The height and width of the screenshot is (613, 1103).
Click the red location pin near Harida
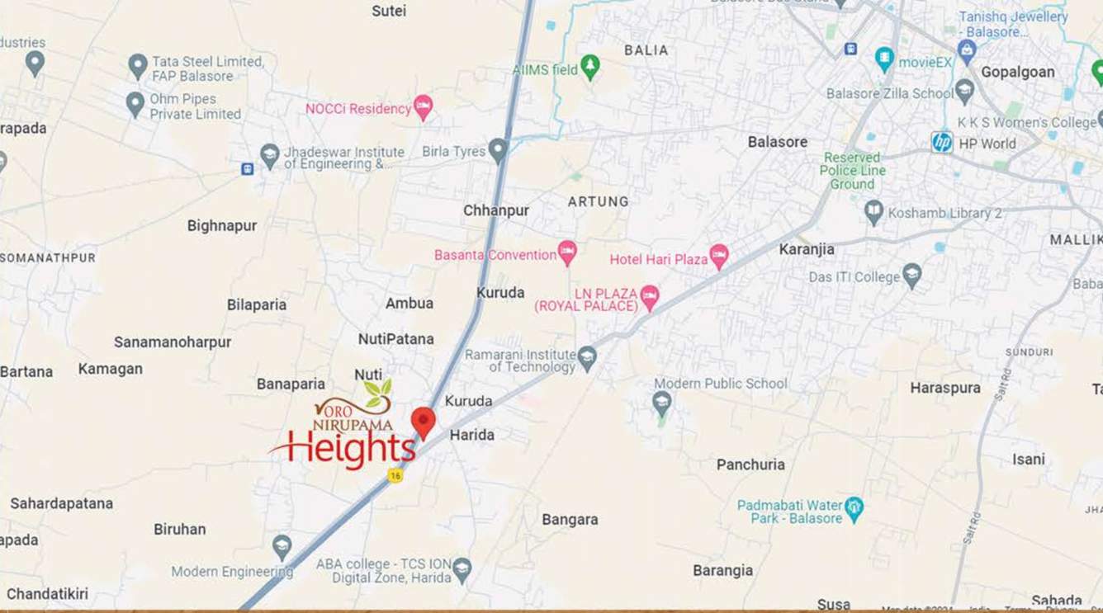tap(423, 422)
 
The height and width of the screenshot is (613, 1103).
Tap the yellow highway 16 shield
tap(395, 475)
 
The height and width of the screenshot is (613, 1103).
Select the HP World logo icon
tap(942, 142)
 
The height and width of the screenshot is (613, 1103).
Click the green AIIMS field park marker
tap(589, 66)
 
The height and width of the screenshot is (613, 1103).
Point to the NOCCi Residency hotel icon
tap(423, 106)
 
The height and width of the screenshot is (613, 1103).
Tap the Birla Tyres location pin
tap(497, 150)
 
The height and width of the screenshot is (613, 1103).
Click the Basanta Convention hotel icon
tap(567, 252)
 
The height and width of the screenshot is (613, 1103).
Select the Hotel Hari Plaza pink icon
tap(719, 257)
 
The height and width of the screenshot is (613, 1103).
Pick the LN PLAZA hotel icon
tap(650, 297)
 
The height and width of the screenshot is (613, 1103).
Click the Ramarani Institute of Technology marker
tap(587, 357)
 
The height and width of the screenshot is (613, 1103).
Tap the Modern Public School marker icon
tap(661, 403)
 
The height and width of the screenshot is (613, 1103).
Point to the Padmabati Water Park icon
tap(854, 508)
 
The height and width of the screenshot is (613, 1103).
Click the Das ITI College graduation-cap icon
tap(911, 275)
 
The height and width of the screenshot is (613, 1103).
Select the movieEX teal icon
tap(884, 59)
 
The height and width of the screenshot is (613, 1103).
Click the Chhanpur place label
tap(495, 210)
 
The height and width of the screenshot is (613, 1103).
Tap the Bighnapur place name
tap(222, 225)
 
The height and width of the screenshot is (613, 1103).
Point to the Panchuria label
tap(750, 464)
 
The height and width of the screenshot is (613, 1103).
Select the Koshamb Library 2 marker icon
tap(873, 212)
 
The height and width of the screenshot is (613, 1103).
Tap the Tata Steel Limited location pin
tap(138, 65)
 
